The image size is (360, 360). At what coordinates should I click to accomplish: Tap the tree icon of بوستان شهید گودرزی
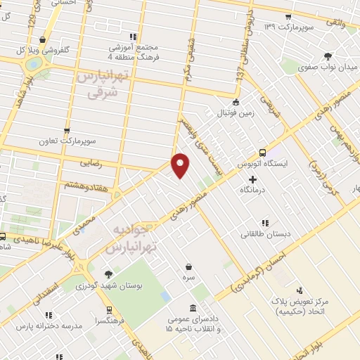108,275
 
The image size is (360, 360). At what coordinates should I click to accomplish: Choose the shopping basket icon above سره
189,266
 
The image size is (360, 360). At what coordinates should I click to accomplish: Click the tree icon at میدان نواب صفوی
328,57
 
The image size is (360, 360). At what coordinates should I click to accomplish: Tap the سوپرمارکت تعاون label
67,141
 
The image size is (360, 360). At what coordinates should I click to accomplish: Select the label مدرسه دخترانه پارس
44,327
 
